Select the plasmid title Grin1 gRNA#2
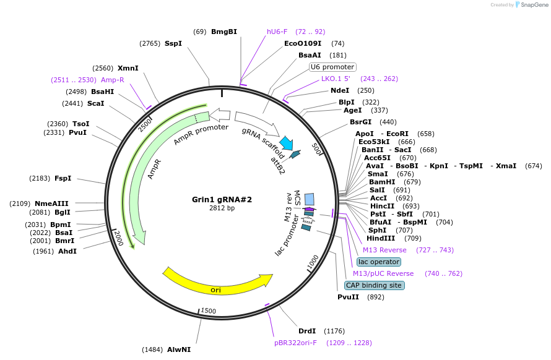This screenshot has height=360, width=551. pyautogui.click(x=222, y=200)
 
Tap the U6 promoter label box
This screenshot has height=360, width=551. pyautogui.click(x=332, y=67)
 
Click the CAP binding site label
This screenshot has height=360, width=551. pyautogui.click(x=374, y=285)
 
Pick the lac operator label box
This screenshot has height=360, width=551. pyautogui.click(x=378, y=262)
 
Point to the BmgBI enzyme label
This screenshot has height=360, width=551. pyautogui.click(x=224, y=32)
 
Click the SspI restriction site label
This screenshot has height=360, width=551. pyautogui.click(x=173, y=43)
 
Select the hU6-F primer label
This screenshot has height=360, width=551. pyautogui.click(x=277, y=32)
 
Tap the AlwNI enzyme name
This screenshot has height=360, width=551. pyautogui.click(x=179, y=349)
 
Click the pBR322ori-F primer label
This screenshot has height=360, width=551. pyautogui.click(x=295, y=342)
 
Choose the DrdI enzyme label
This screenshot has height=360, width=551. pyautogui.click(x=307, y=331)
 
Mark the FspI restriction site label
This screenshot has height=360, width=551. pyautogui.click(x=63, y=178)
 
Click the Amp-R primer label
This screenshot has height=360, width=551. pyautogui.click(x=113, y=80)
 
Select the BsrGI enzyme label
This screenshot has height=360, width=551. pyautogui.click(x=360, y=122)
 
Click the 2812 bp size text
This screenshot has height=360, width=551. pyautogui.click(x=222, y=208)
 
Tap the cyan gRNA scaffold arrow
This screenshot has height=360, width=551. pyautogui.click(x=286, y=144)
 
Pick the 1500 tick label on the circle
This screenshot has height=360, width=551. pyautogui.click(x=209, y=311)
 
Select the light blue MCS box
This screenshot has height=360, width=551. pyautogui.click(x=309, y=199)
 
